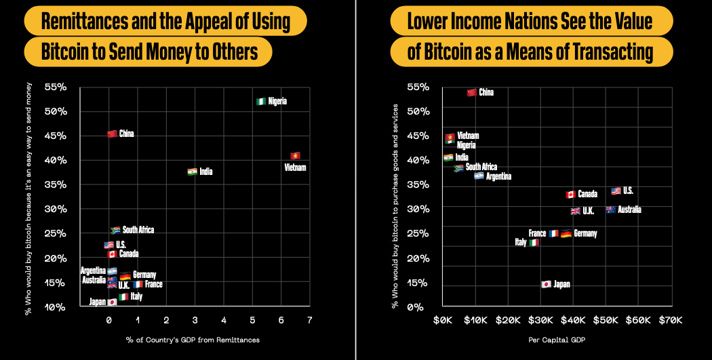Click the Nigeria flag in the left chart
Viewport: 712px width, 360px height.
[260, 101]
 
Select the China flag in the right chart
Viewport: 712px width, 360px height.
[471, 92]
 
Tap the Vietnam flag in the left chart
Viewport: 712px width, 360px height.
[295, 156]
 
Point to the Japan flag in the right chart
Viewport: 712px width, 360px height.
[546, 284]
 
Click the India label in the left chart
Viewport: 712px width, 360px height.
[205, 172]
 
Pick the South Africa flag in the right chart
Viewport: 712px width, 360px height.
[458, 167]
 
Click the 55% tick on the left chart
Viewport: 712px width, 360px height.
[55, 87]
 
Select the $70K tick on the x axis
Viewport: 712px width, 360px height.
[670, 319]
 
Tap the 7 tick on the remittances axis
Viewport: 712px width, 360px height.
[309, 319]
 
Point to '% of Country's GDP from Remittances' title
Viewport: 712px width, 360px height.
[193, 340]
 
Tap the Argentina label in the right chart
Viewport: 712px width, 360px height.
[498, 176]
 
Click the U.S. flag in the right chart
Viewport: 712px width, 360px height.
[616, 191]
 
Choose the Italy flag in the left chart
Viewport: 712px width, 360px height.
[123, 297]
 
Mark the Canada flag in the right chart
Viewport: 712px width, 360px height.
[570, 195]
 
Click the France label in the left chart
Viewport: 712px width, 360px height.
[153, 284]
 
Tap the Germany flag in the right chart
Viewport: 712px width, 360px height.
[566, 234]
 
